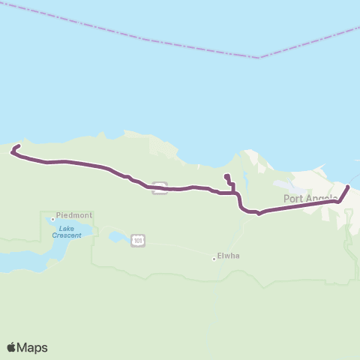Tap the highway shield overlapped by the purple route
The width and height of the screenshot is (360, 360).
pyautogui.click(x=159, y=187)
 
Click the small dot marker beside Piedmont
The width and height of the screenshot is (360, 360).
pyautogui.click(x=52, y=219)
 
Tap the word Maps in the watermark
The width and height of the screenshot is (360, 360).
pyautogui.click(x=33, y=347)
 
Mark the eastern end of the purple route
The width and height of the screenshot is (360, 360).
pyautogui.click(x=347, y=178)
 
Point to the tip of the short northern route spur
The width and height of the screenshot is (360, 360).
pyautogui.click(x=226, y=176)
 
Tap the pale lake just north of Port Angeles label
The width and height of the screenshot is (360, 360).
pyautogui.click(x=283, y=184)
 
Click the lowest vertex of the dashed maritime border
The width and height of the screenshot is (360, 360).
pyautogui.click(x=258, y=58)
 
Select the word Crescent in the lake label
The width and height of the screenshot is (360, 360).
pyautogui.click(x=67, y=235)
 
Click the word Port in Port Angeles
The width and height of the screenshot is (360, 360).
pyautogui.click(x=292, y=199)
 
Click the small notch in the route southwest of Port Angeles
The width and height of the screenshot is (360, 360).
pyautogui.click(x=259, y=214)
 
